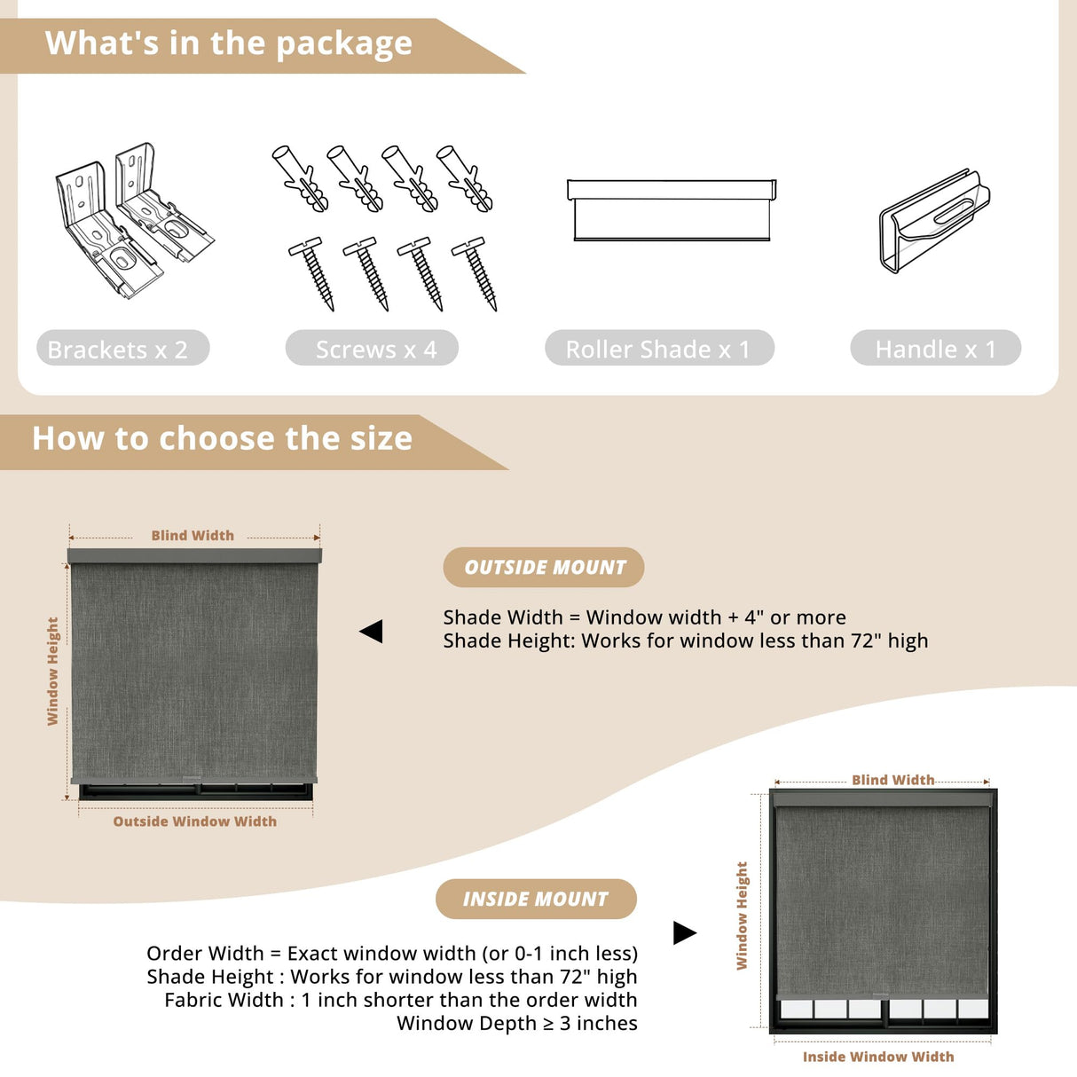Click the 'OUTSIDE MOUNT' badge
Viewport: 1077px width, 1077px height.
pos(544,567)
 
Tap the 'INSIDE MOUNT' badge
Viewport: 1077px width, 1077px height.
pos(536,900)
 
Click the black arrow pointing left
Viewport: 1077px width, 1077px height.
pos(371,632)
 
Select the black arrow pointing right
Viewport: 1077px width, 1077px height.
pos(685,932)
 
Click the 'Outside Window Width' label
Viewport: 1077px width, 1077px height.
pos(195,822)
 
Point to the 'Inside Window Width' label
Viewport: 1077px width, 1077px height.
pos(878,1057)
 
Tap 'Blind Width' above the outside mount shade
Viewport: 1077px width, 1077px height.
pos(193,536)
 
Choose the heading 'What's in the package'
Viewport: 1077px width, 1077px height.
pos(229,43)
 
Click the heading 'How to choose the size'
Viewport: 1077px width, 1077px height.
pos(223,438)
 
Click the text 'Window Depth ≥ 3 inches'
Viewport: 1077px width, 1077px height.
pos(517,1024)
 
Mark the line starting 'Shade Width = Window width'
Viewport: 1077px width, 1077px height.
pos(644,617)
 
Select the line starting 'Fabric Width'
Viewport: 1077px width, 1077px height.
pos(401,1000)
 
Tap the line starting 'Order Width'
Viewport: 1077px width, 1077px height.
pos(392,954)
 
